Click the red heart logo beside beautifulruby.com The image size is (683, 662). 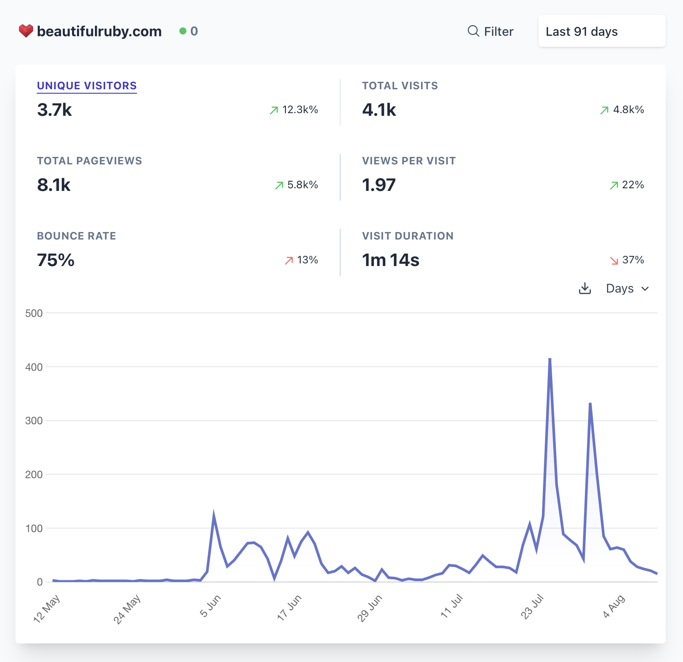(x=26, y=31)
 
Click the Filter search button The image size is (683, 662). (x=490, y=31)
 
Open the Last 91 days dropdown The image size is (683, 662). (x=601, y=31)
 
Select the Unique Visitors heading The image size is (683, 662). (x=87, y=86)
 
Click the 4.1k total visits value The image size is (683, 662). (x=379, y=110)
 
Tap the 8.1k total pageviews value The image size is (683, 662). (x=54, y=185)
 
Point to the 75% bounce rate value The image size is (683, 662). (x=56, y=260)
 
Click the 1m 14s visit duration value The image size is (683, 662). (x=391, y=260)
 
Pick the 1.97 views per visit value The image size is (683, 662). (x=379, y=185)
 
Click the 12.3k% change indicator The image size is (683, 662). (x=294, y=110)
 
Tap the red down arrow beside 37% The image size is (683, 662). (x=614, y=260)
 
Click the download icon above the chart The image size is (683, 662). (x=585, y=289)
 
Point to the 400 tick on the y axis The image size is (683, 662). (x=34, y=367)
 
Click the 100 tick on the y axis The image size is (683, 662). (x=34, y=529)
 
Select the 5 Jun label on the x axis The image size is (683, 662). (x=210, y=606)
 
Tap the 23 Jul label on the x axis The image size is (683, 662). (x=532, y=607)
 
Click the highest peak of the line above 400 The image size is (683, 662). (x=550, y=359)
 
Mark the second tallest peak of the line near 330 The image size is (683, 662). (x=590, y=403)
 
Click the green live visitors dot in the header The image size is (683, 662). (x=182, y=31)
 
